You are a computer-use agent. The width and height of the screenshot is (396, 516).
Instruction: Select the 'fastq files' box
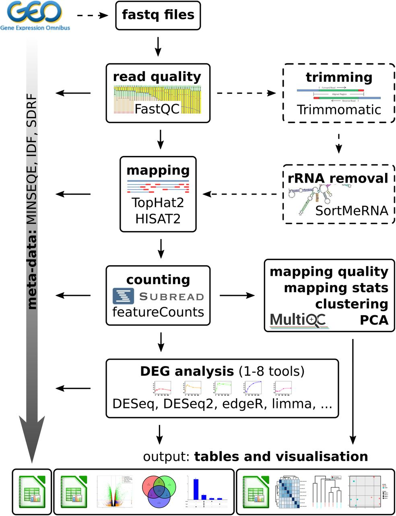[158, 15]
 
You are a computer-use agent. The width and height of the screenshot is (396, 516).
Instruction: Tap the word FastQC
[157, 109]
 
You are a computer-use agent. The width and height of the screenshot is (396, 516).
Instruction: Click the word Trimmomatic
[339, 110]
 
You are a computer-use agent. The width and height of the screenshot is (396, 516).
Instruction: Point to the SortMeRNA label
[351, 210]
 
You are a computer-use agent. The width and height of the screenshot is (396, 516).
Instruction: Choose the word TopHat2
[158, 202]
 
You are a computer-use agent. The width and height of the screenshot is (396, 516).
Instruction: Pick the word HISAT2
[158, 219]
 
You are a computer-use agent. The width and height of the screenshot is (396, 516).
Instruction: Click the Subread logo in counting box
[158, 296]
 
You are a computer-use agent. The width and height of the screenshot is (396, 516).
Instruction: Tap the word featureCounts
[158, 312]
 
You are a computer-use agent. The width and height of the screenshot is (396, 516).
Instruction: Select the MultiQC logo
[298, 320]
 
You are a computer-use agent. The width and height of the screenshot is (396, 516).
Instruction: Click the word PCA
[374, 320]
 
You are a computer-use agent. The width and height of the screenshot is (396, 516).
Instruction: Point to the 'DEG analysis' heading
[187, 371]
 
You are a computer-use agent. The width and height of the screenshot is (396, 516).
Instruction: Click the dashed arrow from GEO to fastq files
[93, 15]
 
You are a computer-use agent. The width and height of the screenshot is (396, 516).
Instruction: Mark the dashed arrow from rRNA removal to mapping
[241, 194]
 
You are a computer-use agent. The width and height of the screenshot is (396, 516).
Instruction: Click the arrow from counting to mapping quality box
[237, 295]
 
